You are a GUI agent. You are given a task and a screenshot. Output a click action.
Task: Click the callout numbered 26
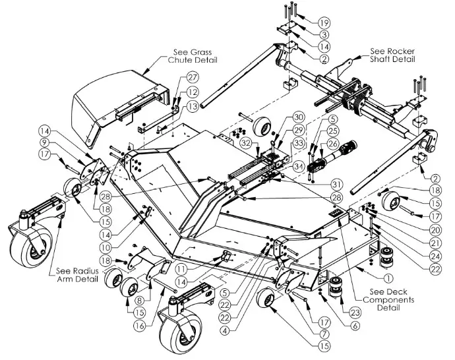coord(332,143)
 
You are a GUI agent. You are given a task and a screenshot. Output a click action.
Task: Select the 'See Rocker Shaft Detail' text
coord(392,55)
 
